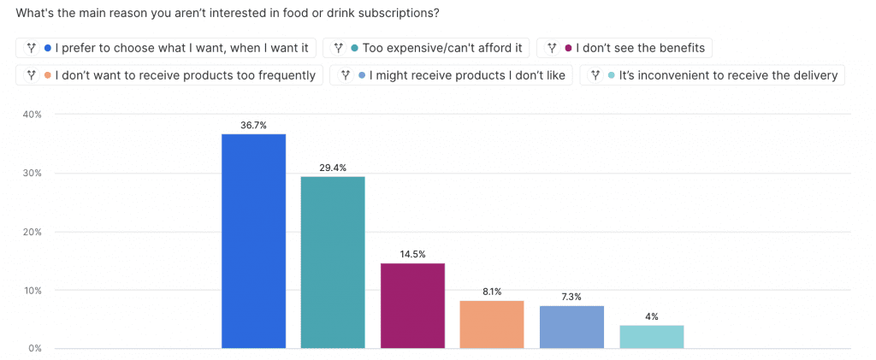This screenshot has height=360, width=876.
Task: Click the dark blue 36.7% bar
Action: click(x=253, y=241)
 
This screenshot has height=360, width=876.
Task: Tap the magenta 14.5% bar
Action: click(x=412, y=305)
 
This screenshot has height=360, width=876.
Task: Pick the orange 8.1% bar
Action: click(x=492, y=324)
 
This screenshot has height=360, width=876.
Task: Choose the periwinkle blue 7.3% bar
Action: click(x=571, y=327)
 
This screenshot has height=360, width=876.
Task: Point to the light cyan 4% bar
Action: click(x=651, y=336)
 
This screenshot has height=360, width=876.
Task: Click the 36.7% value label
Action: click(x=254, y=125)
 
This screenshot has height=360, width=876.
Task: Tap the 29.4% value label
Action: click(x=333, y=168)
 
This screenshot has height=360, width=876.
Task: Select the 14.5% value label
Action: click(x=412, y=254)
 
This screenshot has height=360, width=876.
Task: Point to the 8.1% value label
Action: click(x=492, y=292)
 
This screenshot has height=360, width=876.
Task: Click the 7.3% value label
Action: click(x=571, y=297)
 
